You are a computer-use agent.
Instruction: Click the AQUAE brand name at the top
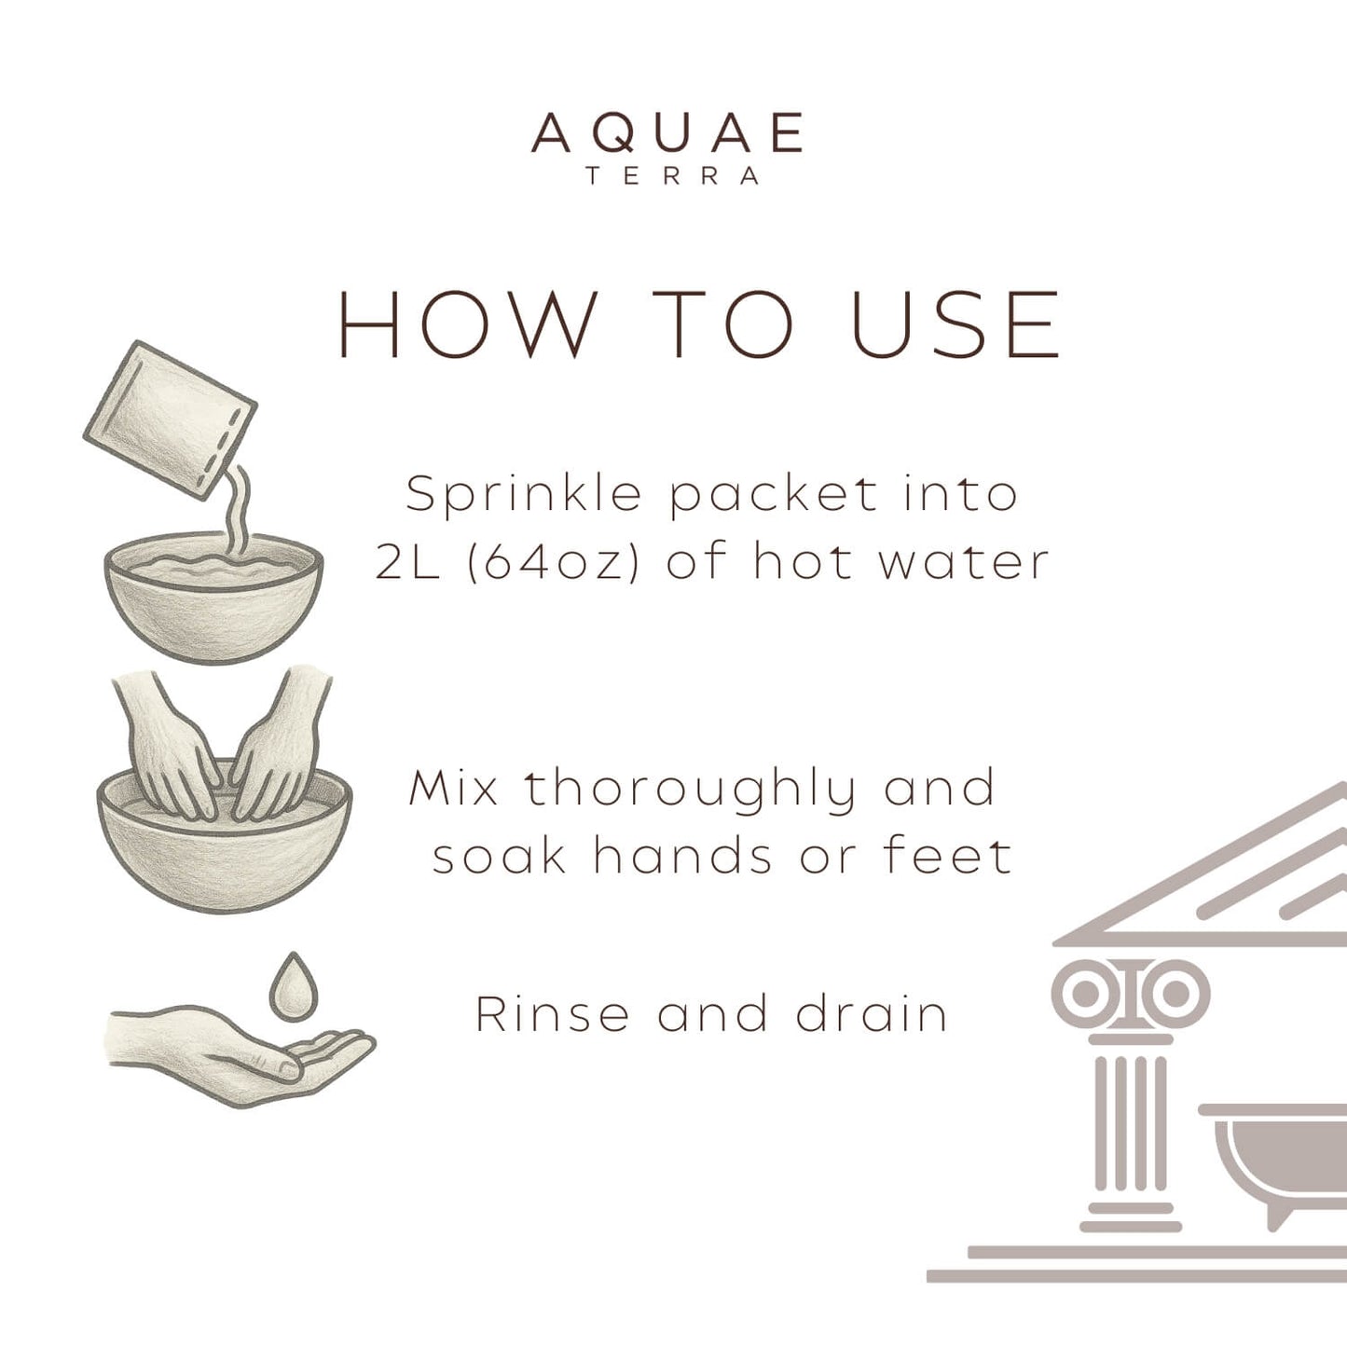coord(667,133)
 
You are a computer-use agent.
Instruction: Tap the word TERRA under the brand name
coord(672,176)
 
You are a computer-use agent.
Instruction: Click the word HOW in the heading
coord(466,324)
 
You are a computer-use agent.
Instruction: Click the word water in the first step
coord(964,561)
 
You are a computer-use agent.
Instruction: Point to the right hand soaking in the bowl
coord(275,746)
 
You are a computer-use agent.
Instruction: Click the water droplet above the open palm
coord(294,987)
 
